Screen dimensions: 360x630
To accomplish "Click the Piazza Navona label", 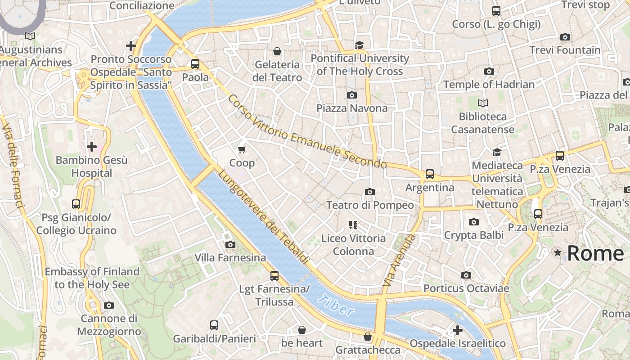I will (351, 108).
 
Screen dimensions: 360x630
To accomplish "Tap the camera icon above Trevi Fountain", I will (565, 37).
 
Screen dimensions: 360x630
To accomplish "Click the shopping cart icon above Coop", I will (242, 149).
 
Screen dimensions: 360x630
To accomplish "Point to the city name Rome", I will (595, 254).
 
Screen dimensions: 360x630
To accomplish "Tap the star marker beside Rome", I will (558, 253).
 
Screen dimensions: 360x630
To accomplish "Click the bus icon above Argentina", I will (430, 174).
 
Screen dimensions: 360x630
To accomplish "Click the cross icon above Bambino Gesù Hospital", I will (92, 147).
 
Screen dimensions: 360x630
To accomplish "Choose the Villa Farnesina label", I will (230, 258).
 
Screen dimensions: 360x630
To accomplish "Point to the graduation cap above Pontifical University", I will (359, 45).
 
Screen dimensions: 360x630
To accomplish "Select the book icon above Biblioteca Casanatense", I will (482, 103).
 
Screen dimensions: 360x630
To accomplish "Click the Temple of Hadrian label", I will (489, 85).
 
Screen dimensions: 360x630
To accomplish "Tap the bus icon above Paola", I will (195, 64).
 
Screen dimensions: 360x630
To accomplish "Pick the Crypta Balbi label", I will (473, 235).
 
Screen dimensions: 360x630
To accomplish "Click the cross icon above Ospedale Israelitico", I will (457, 331).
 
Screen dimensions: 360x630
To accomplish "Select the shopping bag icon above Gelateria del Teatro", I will (277, 51).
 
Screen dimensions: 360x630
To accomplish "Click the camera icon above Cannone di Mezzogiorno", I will (108, 306).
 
